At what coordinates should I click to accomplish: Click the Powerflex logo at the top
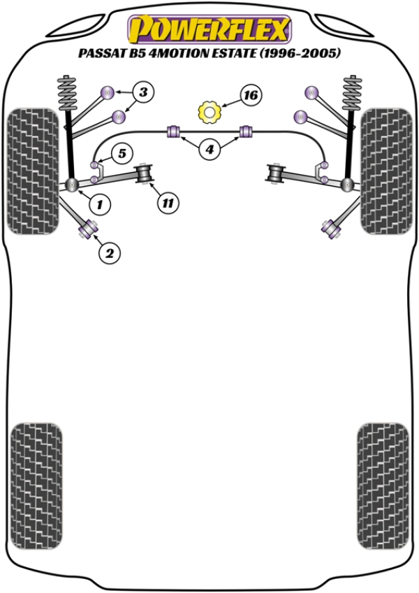209,29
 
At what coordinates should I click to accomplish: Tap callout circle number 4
209,148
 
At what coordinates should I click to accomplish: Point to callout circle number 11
167,203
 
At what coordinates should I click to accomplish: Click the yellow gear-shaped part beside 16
209,111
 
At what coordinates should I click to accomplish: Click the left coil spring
69,94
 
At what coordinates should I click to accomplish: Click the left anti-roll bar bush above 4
175,131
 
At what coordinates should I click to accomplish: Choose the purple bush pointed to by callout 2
89,227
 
